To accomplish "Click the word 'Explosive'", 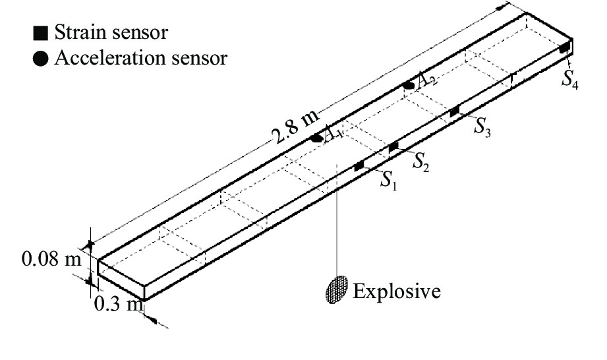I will [396, 290].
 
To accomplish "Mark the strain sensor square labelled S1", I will [359, 165].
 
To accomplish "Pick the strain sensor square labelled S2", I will [393, 147].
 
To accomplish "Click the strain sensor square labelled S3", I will [454, 112].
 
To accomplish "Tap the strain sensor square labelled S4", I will [564, 48].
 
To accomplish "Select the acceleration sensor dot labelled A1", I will [318, 138].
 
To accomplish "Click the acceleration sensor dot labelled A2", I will [409, 85].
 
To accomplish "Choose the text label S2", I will [422, 161].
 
